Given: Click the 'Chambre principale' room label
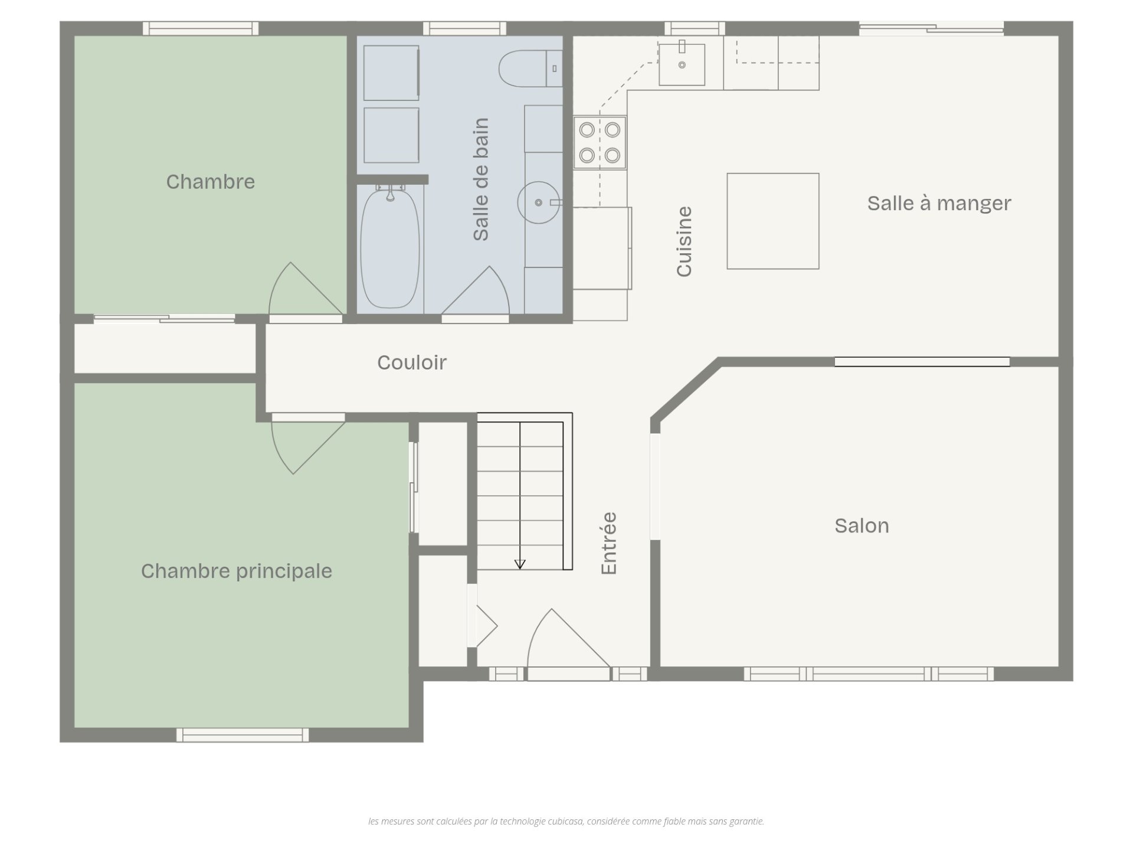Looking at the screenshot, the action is point(236,571).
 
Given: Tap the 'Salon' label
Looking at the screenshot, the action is point(862,526).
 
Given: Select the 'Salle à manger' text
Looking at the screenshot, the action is point(939,203).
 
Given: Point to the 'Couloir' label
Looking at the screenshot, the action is point(412,362).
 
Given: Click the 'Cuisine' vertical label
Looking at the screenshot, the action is point(684,241).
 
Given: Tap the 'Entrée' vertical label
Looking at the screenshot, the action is point(608,543).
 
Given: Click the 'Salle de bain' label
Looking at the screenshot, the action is point(481,179).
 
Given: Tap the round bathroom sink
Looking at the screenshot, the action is point(538,202).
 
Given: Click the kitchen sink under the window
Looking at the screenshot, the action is point(682,64).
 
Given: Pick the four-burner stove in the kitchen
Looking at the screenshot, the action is point(600,142).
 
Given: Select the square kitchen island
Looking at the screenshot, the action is point(772,221).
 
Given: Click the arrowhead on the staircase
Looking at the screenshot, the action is point(520,564).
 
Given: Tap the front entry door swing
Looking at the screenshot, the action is point(568,639).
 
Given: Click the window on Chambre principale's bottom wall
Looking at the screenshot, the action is point(243,735).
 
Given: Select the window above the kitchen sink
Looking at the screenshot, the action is point(695,28).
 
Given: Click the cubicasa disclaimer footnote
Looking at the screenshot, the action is point(566,821).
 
